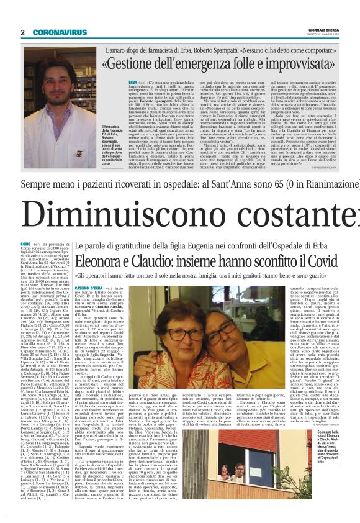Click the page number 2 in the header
(x=22, y=32)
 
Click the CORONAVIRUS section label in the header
(x=52, y=32)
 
